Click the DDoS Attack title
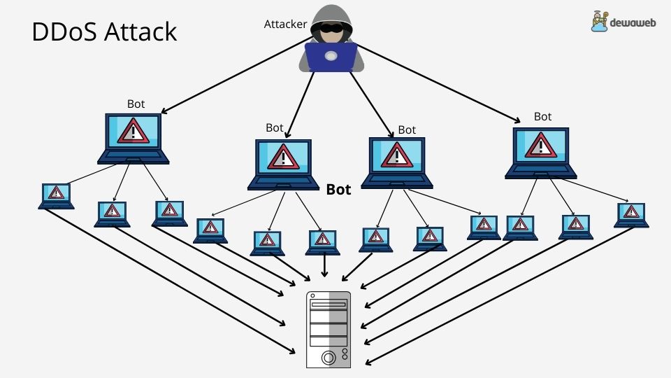(x=104, y=32)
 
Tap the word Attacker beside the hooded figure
(x=285, y=24)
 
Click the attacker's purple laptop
(x=331, y=57)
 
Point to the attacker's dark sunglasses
(x=330, y=29)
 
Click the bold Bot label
(x=339, y=189)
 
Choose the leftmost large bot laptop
(x=133, y=139)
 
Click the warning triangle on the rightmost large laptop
(x=540, y=144)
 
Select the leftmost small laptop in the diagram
(x=56, y=196)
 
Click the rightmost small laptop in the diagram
(x=631, y=215)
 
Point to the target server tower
(x=329, y=330)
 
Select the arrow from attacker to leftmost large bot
(x=231, y=77)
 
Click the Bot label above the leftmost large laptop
(x=136, y=104)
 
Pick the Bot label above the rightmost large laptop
(x=542, y=116)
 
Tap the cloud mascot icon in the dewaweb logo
(x=598, y=22)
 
